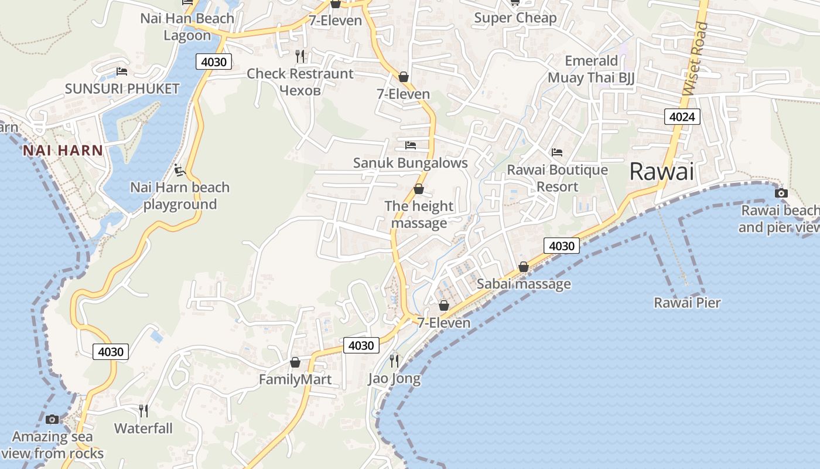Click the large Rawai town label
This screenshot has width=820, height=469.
point(661,172)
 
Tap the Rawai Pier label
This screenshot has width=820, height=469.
point(687,303)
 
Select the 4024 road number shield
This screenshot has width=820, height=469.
point(682,117)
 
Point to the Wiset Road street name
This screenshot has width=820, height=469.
point(695,59)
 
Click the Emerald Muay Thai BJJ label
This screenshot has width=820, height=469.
point(591,69)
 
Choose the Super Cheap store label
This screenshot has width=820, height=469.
point(515,18)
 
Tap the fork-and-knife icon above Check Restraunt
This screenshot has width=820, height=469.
point(300,56)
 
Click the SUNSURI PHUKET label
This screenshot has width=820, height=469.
point(122,89)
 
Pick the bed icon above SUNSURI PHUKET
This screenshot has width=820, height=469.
point(122,72)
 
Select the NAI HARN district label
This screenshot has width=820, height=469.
point(63,151)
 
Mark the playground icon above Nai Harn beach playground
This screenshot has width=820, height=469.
point(180,170)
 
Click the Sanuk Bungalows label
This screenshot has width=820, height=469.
point(410,162)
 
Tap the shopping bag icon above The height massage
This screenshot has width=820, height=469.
point(419,189)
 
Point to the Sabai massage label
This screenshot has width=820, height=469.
point(524,284)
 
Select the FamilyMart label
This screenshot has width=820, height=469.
point(295,379)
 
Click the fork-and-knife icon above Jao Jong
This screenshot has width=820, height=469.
point(394,361)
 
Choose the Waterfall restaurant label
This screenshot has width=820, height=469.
point(143,428)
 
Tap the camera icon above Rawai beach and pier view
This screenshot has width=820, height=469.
point(781,193)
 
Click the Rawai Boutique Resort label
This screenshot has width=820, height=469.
point(557,178)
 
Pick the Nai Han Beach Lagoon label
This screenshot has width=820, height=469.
point(187,26)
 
